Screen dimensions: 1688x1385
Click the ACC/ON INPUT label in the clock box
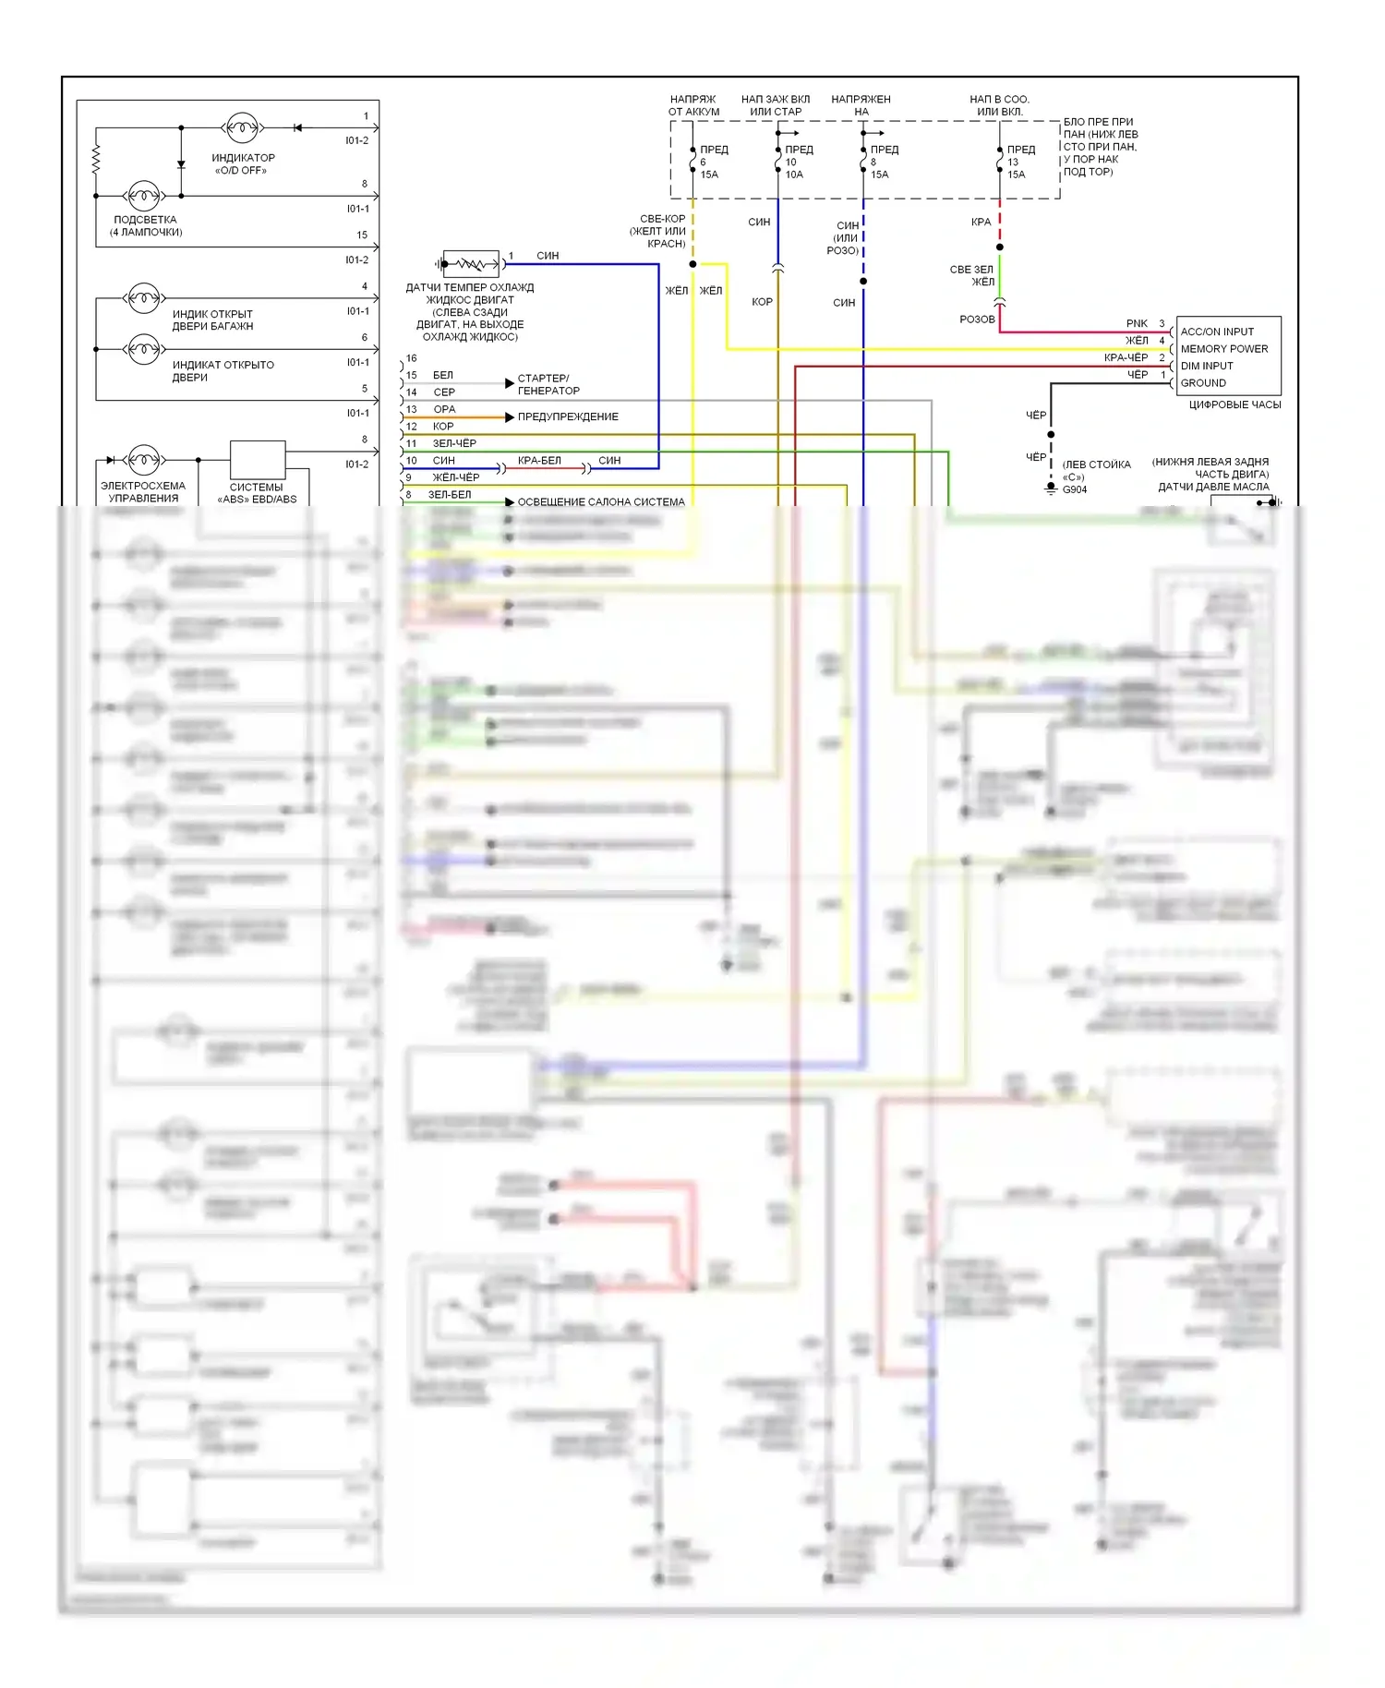(1217, 332)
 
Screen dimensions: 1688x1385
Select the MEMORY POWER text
(1223, 349)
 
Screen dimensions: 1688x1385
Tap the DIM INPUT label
(1206, 366)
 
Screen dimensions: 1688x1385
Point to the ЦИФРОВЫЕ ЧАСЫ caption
(1234, 404)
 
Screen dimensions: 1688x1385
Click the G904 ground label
(1075, 489)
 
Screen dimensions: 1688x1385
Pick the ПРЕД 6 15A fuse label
(711, 162)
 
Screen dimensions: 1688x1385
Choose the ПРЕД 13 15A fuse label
(1018, 162)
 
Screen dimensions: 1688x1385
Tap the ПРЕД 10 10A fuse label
(797, 162)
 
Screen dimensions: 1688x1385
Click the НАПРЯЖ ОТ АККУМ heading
(693, 105)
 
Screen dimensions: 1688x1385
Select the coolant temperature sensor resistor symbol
(471, 264)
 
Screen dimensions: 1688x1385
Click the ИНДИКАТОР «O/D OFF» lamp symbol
(242, 127)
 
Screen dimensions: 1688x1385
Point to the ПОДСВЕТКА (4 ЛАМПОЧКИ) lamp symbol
(143, 196)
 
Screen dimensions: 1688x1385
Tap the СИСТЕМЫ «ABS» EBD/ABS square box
(258, 460)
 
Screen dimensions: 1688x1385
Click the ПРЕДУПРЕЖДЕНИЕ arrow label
(567, 417)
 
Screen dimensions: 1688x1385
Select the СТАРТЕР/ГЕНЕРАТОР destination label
(548, 384)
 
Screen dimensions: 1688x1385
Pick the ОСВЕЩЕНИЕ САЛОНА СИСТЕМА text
(600, 502)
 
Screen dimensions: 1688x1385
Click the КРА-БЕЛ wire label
(539, 461)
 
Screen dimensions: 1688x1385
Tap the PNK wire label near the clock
(1137, 324)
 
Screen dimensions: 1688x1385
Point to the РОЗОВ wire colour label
(977, 320)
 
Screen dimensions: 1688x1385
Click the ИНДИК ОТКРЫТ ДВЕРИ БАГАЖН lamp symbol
(143, 298)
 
